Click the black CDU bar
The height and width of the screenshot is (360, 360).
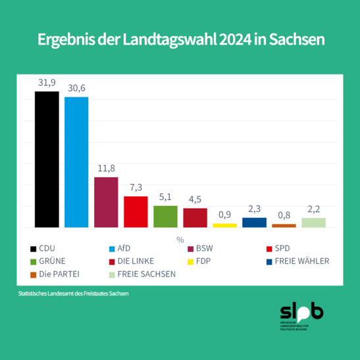pos(46,159)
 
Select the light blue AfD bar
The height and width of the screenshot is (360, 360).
pos(76,162)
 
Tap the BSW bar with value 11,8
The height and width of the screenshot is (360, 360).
pos(106,202)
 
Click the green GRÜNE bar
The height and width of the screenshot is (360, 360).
pos(165,216)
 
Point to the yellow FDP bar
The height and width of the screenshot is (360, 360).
pos(224,225)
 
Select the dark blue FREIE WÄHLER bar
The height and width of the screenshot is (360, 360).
pos(254,222)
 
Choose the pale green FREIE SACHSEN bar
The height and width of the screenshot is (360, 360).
pos(313,222)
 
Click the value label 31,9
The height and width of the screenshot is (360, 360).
pos(46,82)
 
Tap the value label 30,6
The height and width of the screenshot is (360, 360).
pos(76,88)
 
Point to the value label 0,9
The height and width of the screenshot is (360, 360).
pos(224,215)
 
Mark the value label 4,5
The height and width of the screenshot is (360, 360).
pos(195,199)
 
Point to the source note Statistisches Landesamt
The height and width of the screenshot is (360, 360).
pos(73,294)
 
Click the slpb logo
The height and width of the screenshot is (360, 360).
pos(301,317)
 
